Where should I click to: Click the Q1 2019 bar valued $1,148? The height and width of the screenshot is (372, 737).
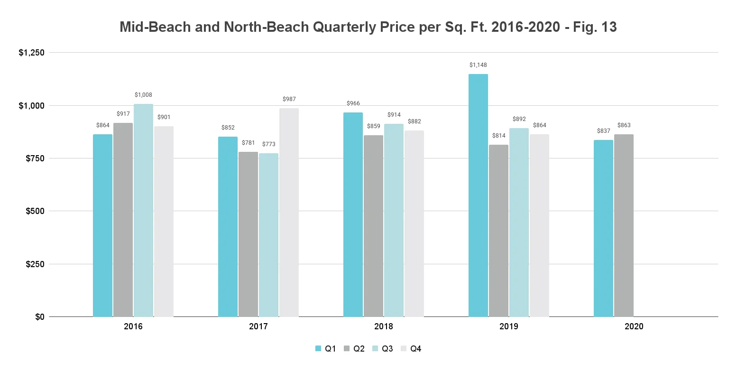coord(478,195)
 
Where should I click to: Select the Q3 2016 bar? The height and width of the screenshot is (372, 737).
coord(143,210)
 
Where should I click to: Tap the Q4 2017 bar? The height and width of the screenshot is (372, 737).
coord(289,212)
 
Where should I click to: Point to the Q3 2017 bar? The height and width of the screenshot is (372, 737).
coord(268,235)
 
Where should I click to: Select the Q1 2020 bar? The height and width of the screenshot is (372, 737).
coord(603,228)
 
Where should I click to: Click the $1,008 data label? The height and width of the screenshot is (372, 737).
coord(143,95)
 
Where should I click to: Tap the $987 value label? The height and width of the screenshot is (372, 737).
coord(289,99)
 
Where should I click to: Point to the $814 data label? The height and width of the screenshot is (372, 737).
coord(498,136)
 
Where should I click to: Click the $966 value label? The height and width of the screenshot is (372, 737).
coord(353,103)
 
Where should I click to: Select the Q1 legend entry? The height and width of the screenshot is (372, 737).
coord(326,349)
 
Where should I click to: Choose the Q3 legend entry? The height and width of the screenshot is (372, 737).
coord(382,349)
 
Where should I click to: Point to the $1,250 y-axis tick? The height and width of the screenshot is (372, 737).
coord(31,53)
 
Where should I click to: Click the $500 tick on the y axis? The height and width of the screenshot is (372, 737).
coord(35,211)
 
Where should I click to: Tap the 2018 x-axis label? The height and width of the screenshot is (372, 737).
coord(383,327)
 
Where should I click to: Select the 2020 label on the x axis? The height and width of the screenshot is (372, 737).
coord(634,327)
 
